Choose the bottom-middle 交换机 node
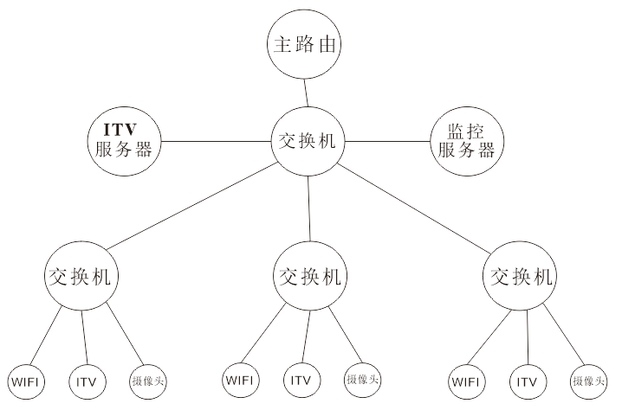tap(310, 277)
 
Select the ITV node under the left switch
tap(86, 380)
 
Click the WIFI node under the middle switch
tap(242, 379)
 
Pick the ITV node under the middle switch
tap(301, 379)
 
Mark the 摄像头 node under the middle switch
tap(362, 379)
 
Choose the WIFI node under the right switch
tap(468, 381)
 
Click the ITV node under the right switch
tap(527, 381)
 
